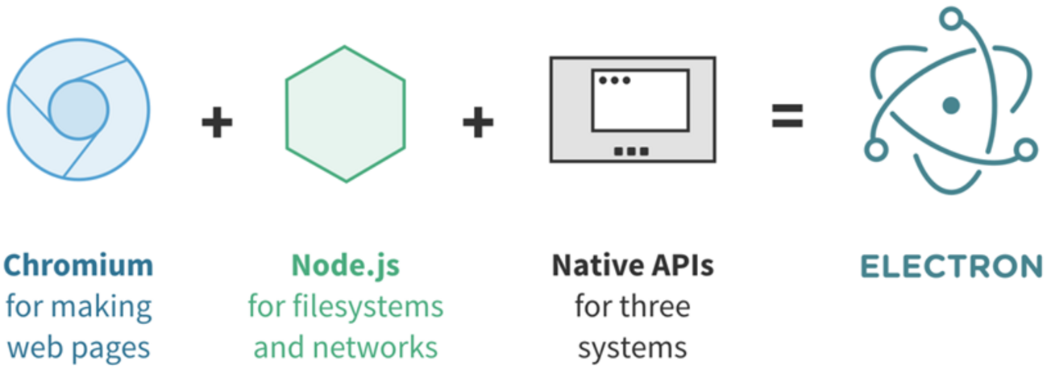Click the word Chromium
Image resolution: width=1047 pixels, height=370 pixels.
click(x=78, y=264)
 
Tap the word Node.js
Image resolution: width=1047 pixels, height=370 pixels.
click(x=345, y=264)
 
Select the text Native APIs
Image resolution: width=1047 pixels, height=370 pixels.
click(x=632, y=264)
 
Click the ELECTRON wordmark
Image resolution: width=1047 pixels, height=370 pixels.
click(x=949, y=266)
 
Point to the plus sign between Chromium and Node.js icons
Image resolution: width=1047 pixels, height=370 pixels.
click(x=216, y=123)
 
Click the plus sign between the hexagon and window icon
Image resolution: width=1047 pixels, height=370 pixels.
click(x=477, y=123)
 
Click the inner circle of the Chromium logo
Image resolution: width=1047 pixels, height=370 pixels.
click(x=78, y=109)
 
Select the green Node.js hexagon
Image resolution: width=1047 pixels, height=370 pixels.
click(x=345, y=114)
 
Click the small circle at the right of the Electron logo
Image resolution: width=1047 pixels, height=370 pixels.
click(x=1024, y=149)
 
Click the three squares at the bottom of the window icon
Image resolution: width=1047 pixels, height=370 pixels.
click(x=631, y=151)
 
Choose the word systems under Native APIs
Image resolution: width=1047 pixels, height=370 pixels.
click(x=632, y=347)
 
